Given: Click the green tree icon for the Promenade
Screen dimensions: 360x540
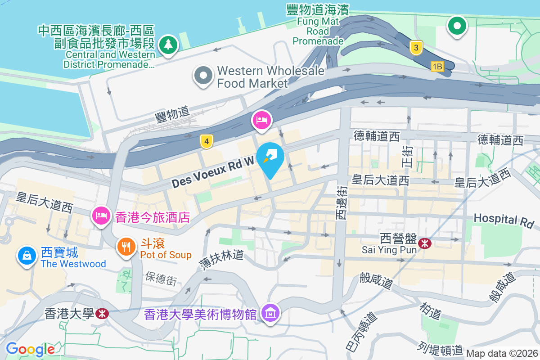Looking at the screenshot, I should [168, 44].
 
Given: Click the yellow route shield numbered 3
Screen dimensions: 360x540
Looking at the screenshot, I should [417, 47].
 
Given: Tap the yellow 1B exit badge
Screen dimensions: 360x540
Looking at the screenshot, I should [437, 67].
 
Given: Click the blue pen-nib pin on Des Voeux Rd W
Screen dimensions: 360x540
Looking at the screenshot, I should [270, 158].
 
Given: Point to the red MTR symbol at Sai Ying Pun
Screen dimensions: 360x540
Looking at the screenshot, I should [424, 243].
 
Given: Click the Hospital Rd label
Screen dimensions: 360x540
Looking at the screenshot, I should [504, 220].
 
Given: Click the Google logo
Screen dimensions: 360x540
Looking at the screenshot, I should [30, 349].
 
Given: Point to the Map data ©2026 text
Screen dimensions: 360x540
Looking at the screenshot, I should [502, 353].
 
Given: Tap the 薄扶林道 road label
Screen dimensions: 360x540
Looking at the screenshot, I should [222, 261].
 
